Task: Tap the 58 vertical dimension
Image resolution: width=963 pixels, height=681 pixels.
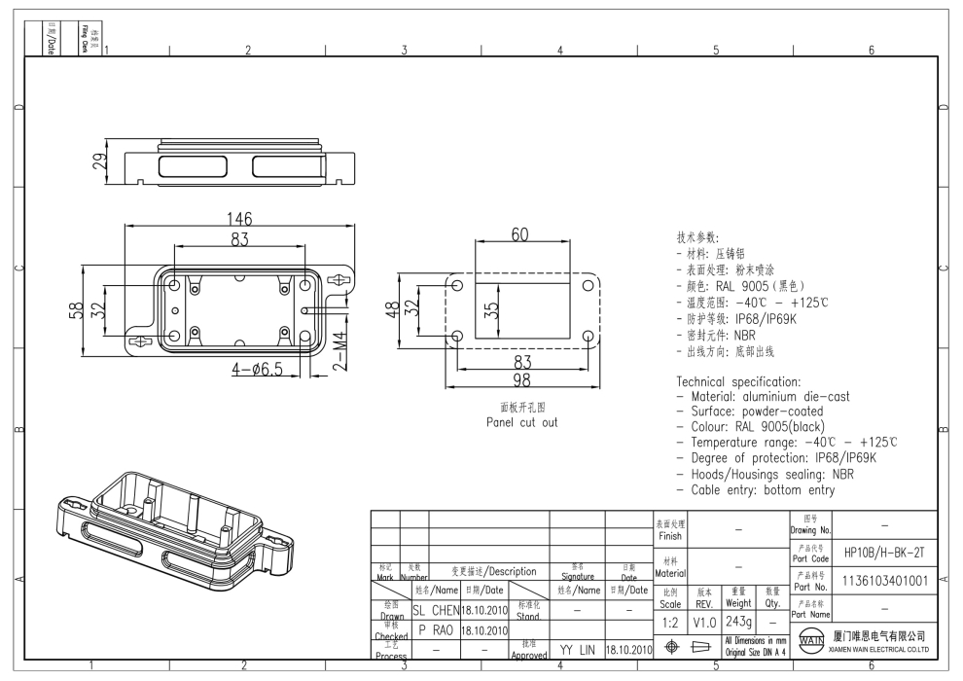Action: coord(76,310)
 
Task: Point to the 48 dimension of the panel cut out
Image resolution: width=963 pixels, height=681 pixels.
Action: coord(391,309)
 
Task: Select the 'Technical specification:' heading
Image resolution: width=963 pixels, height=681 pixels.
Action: coord(738,381)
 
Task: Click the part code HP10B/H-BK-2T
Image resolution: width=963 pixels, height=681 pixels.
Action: coord(884,553)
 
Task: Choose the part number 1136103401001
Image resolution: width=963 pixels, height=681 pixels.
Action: coord(884,581)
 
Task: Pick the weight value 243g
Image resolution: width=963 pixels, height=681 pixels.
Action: coord(738,621)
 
